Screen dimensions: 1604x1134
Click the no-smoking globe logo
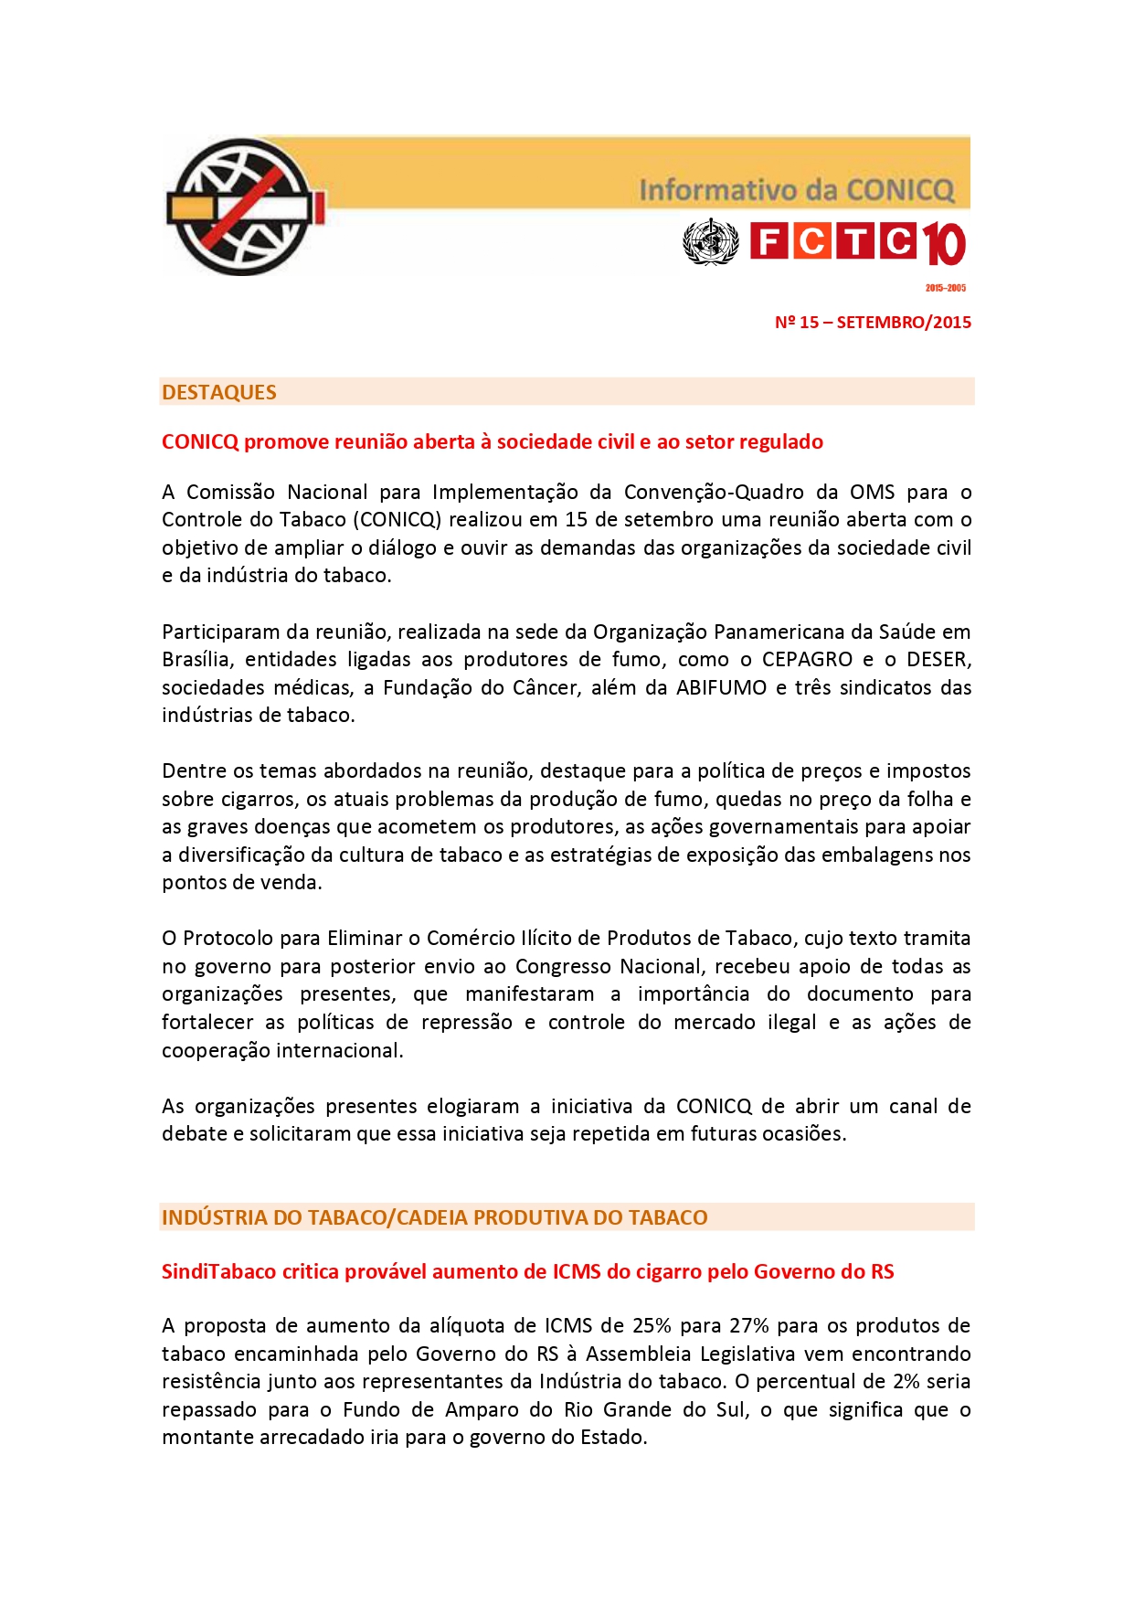244,207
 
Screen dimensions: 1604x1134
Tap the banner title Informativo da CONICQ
796,190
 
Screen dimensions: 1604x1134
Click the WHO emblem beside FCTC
710,242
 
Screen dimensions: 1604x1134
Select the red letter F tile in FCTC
768,241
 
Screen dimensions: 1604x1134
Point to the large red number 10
943,244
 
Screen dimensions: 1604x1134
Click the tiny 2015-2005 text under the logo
945,288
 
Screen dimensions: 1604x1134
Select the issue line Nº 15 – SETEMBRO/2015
873,323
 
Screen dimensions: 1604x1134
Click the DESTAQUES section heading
219,392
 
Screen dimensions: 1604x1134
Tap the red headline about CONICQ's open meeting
492,442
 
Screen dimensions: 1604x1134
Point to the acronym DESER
938,660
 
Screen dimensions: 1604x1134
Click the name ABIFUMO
721,688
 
